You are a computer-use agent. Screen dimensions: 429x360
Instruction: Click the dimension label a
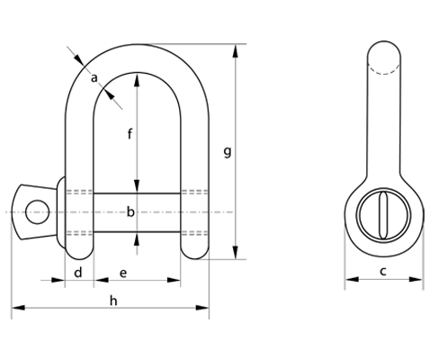tap(94, 78)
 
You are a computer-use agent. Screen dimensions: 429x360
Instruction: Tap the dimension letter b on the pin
tap(130, 211)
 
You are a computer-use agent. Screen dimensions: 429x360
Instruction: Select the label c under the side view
tap(383, 271)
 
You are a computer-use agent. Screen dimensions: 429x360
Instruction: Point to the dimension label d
tap(78, 273)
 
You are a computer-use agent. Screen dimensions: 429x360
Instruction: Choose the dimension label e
tap(123, 274)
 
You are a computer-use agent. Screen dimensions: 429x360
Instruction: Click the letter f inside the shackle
tap(130, 134)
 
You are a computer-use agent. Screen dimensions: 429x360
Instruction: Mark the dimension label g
tap(228, 152)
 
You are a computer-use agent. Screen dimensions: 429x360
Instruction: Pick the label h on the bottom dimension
tap(113, 301)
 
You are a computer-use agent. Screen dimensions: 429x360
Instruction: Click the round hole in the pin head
tap(37, 211)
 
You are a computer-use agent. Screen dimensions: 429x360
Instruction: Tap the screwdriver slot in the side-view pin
tap(383, 215)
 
